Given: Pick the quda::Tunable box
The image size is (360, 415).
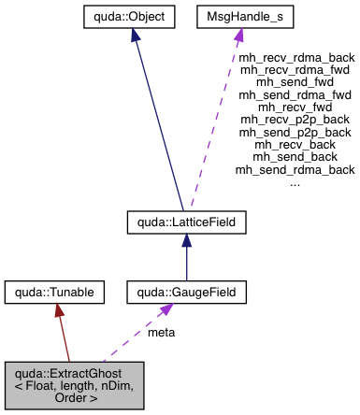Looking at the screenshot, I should (x=50, y=293).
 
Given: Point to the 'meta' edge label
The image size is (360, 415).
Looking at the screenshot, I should (x=161, y=332).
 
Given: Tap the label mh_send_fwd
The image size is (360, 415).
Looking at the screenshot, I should (x=295, y=81).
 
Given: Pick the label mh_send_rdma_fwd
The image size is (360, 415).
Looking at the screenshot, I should (x=295, y=94).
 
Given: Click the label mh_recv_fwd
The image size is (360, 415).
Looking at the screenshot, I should (x=295, y=107).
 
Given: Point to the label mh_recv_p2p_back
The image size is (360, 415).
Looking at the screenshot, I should (x=295, y=120).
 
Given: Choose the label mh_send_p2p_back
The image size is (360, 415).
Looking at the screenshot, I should (x=295, y=132).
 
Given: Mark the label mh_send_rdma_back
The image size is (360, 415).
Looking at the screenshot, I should (x=295, y=170).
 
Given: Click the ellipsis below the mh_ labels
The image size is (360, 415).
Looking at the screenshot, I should (x=295, y=182).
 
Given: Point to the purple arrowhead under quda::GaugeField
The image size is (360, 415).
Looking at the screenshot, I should (x=168, y=310).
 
